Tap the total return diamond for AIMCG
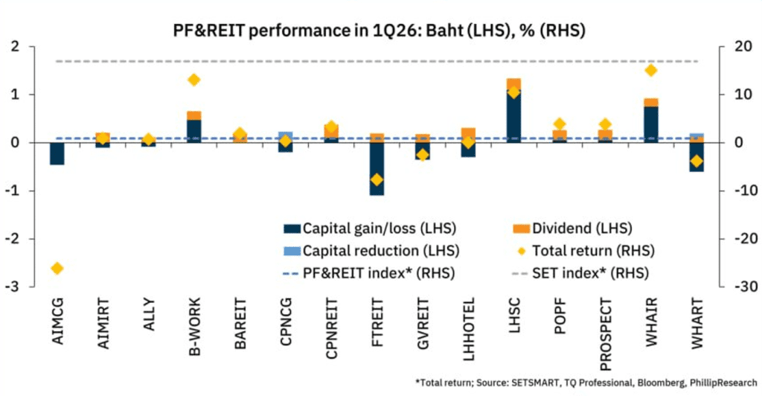tap(57, 268)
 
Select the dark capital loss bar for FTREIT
tap(377, 169)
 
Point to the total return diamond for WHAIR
tap(651, 70)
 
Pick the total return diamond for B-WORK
tap(194, 80)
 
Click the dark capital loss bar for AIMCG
tap(57, 153)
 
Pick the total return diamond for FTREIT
tap(377, 179)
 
